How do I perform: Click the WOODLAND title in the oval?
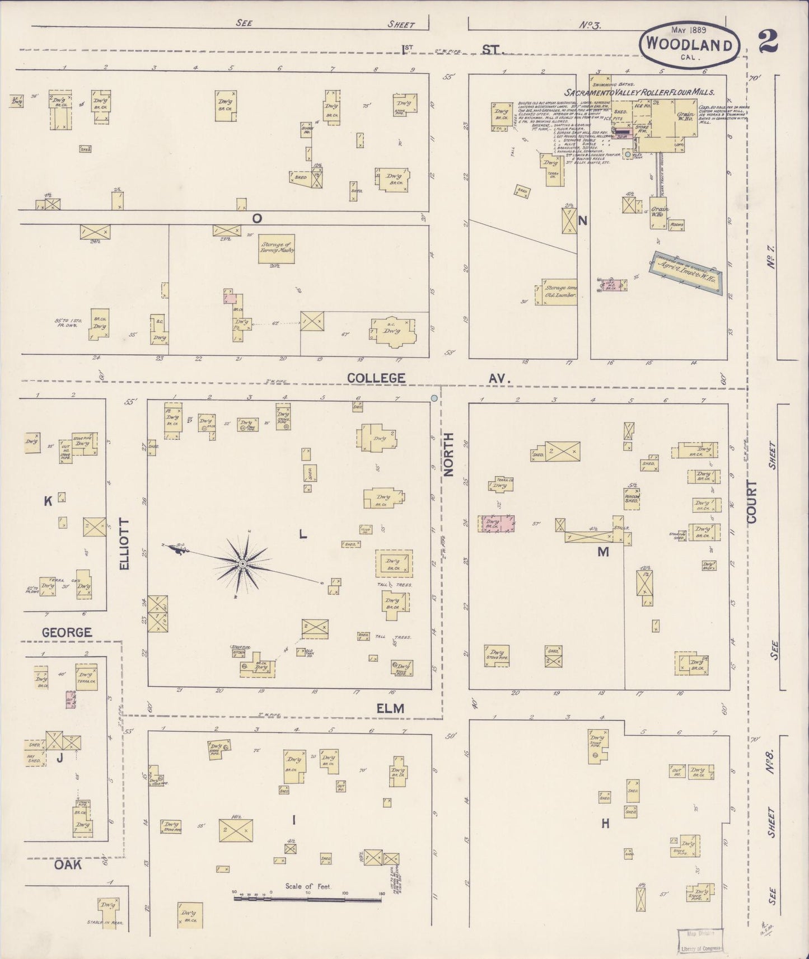click(690, 45)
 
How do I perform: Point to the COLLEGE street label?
click(376, 378)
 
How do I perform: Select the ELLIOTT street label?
click(124, 544)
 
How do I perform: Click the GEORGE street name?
click(66, 632)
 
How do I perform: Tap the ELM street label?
click(390, 708)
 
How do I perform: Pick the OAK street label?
click(68, 864)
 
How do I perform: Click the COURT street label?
click(751, 501)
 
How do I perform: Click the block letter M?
click(602, 552)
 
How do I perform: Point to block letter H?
click(605, 824)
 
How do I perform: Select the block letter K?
click(48, 502)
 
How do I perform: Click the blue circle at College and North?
click(434, 398)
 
